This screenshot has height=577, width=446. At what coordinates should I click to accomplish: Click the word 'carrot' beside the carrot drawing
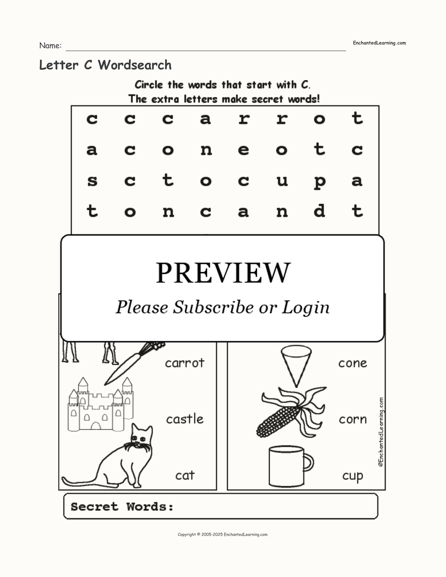tap(185, 363)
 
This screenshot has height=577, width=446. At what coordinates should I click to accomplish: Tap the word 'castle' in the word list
tap(185, 419)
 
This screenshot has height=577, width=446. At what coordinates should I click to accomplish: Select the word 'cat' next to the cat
tap(185, 475)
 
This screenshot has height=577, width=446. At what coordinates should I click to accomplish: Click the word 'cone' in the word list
tap(352, 363)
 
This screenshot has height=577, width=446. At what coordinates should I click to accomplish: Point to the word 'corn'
tap(352, 420)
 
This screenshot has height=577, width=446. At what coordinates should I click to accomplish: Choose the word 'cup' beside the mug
tap(352, 476)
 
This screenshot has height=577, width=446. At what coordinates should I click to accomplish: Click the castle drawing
tap(101, 404)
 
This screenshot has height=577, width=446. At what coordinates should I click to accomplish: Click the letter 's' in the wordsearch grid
tap(92, 181)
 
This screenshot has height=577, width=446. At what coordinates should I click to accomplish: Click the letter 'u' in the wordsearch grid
tap(282, 181)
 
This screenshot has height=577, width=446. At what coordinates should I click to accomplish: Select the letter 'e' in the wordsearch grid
tap(243, 150)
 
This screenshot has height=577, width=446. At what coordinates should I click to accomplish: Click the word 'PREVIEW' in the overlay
tap(223, 273)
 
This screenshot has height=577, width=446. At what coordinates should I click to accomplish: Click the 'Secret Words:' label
tap(122, 507)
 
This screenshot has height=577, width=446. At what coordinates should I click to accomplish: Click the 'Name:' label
tap(50, 46)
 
